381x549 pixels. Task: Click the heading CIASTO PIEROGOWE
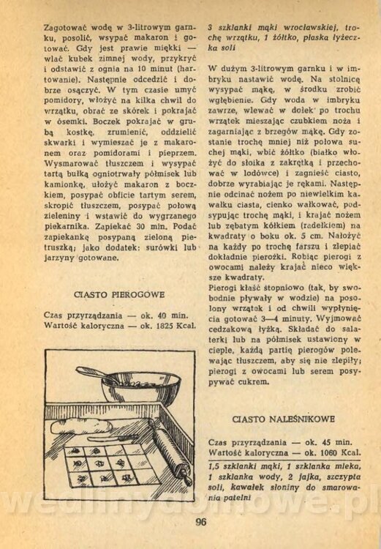click(x=119, y=294)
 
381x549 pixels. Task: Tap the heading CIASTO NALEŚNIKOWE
click(x=284, y=419)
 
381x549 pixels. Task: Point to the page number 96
click(x=201, y=522)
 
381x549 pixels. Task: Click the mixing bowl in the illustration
click(x=140, y=388)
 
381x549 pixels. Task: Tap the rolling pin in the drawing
click(x=173, y=455)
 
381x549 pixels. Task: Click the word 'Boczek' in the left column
click(x=107, y=122)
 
